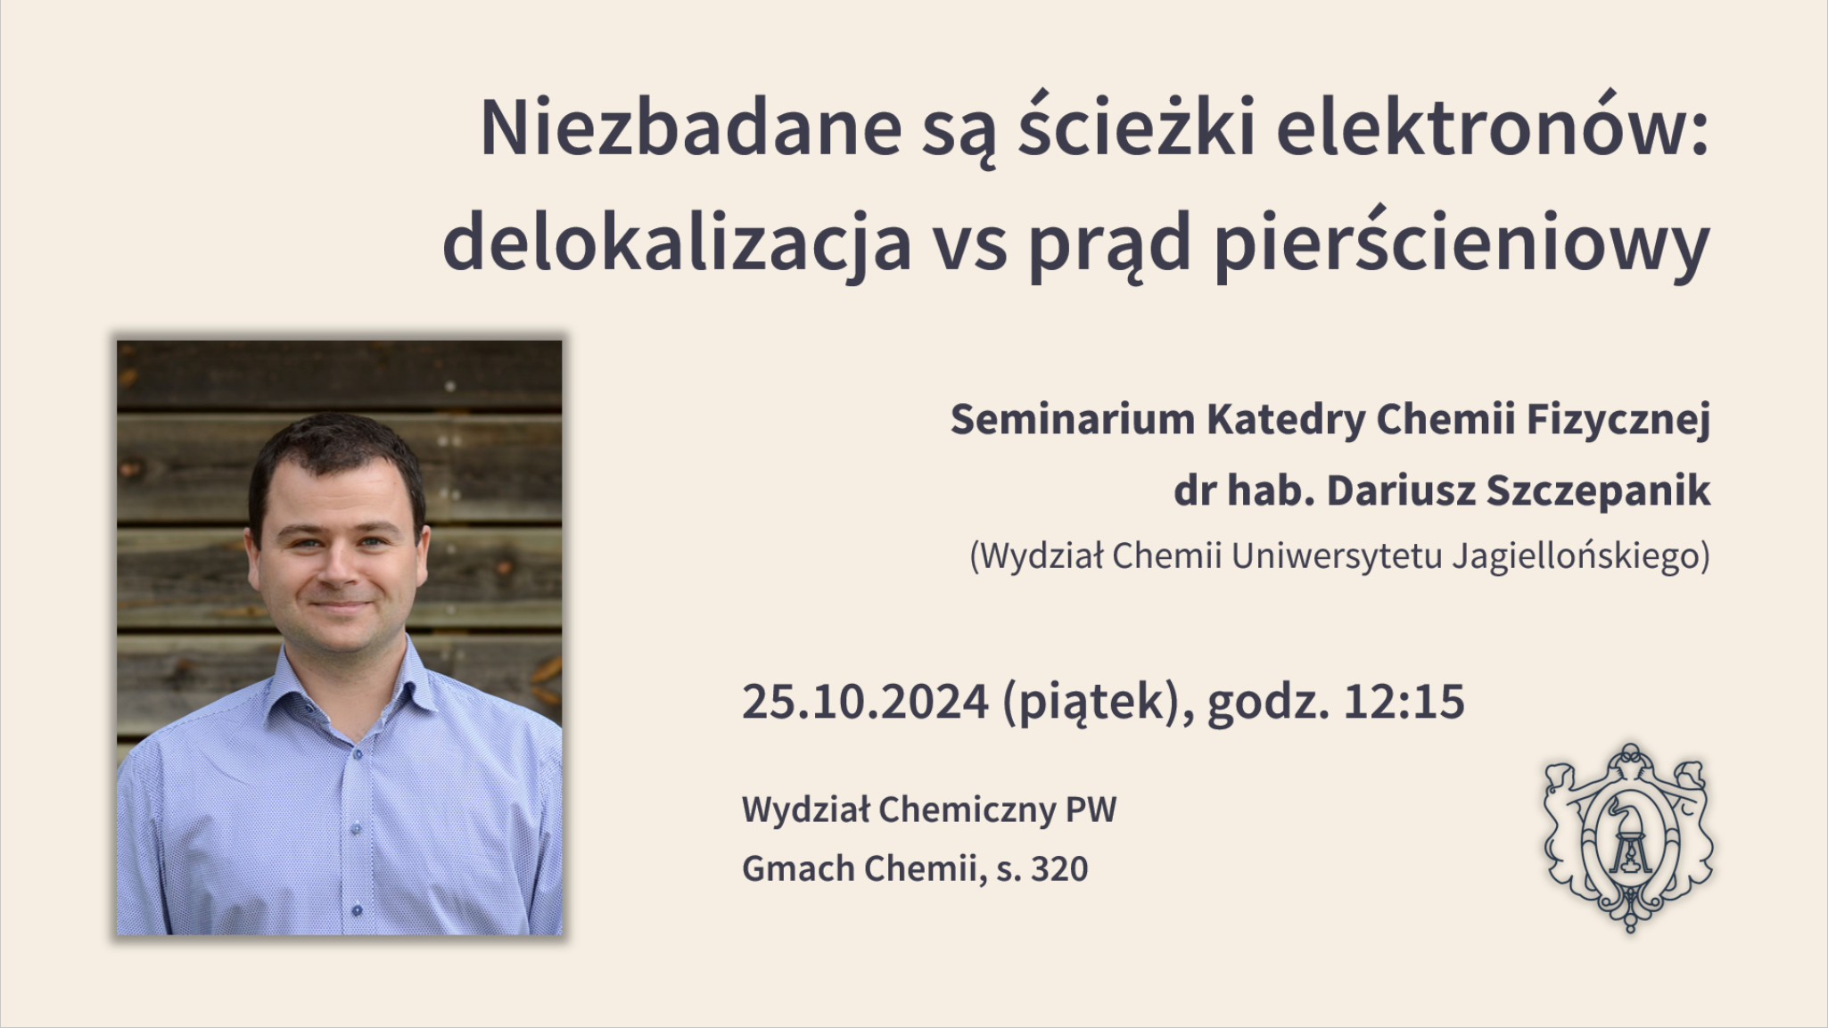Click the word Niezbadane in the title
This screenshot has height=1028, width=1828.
click(x=691, y=127)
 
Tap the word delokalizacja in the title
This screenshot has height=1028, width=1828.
click(x=677, y=243)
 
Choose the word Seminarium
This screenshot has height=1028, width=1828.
click(x=1072, y=419)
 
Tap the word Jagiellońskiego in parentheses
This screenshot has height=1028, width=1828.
click(x=1581, y=557)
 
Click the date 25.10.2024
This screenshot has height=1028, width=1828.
click(x=865, y=702)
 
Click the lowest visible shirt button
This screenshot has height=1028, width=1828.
click(x=357, y=910)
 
